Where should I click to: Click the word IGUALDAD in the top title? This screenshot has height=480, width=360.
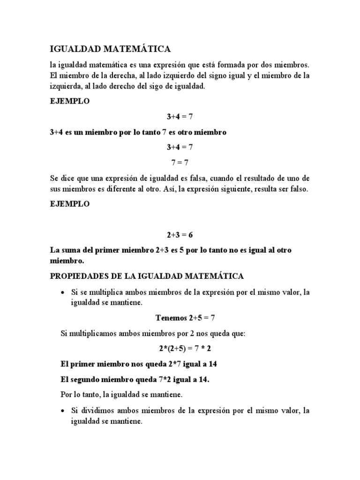[73, 49]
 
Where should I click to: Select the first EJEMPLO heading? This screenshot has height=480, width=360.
[69, 101]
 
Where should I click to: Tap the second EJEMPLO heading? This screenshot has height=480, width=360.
[69, 204]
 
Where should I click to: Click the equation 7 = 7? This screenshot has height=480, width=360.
[180, 163]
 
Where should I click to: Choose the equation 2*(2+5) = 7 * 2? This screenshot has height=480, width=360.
[180, 349]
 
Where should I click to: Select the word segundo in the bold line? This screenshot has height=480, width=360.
[91, 380]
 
